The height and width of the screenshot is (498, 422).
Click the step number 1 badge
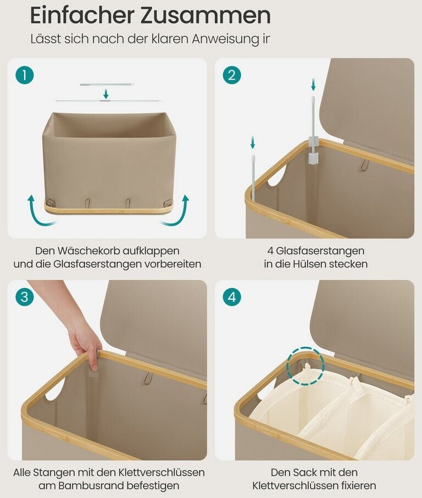pos(24,75)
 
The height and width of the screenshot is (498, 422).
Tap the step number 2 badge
pos(232,75)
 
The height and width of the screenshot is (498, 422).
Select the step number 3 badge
pos(24,297)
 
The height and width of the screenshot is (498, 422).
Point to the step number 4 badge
pos(232,297)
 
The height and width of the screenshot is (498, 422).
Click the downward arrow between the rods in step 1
pos(106,94)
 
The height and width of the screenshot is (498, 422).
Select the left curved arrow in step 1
pos(38,213)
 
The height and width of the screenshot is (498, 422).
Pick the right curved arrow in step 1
pos(178,213)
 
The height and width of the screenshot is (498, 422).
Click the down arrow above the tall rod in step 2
pos(313,85)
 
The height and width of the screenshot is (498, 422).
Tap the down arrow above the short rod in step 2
pos(253,142)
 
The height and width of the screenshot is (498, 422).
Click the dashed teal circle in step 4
pos(306,366)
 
